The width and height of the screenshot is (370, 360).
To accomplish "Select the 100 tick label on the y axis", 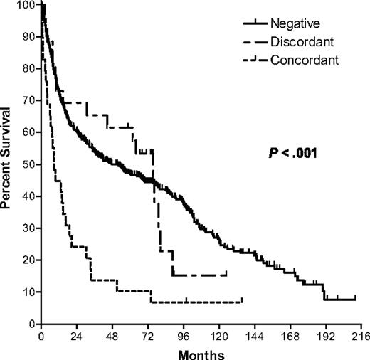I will tap(28, 6).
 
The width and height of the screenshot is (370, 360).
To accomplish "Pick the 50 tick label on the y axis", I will tap(31, 164).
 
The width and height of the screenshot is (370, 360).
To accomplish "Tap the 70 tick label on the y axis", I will tap(31, 101).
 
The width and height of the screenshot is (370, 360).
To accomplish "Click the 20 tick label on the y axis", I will tap(31, 260).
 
